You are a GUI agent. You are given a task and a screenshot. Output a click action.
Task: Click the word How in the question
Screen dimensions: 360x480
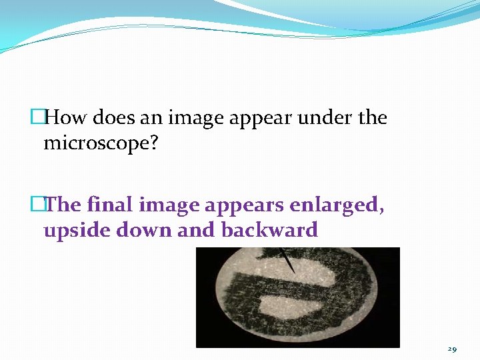66,118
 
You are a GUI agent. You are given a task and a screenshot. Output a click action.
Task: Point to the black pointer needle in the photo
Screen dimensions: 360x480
288,261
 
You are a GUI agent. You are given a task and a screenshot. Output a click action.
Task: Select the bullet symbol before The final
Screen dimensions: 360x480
37,205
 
